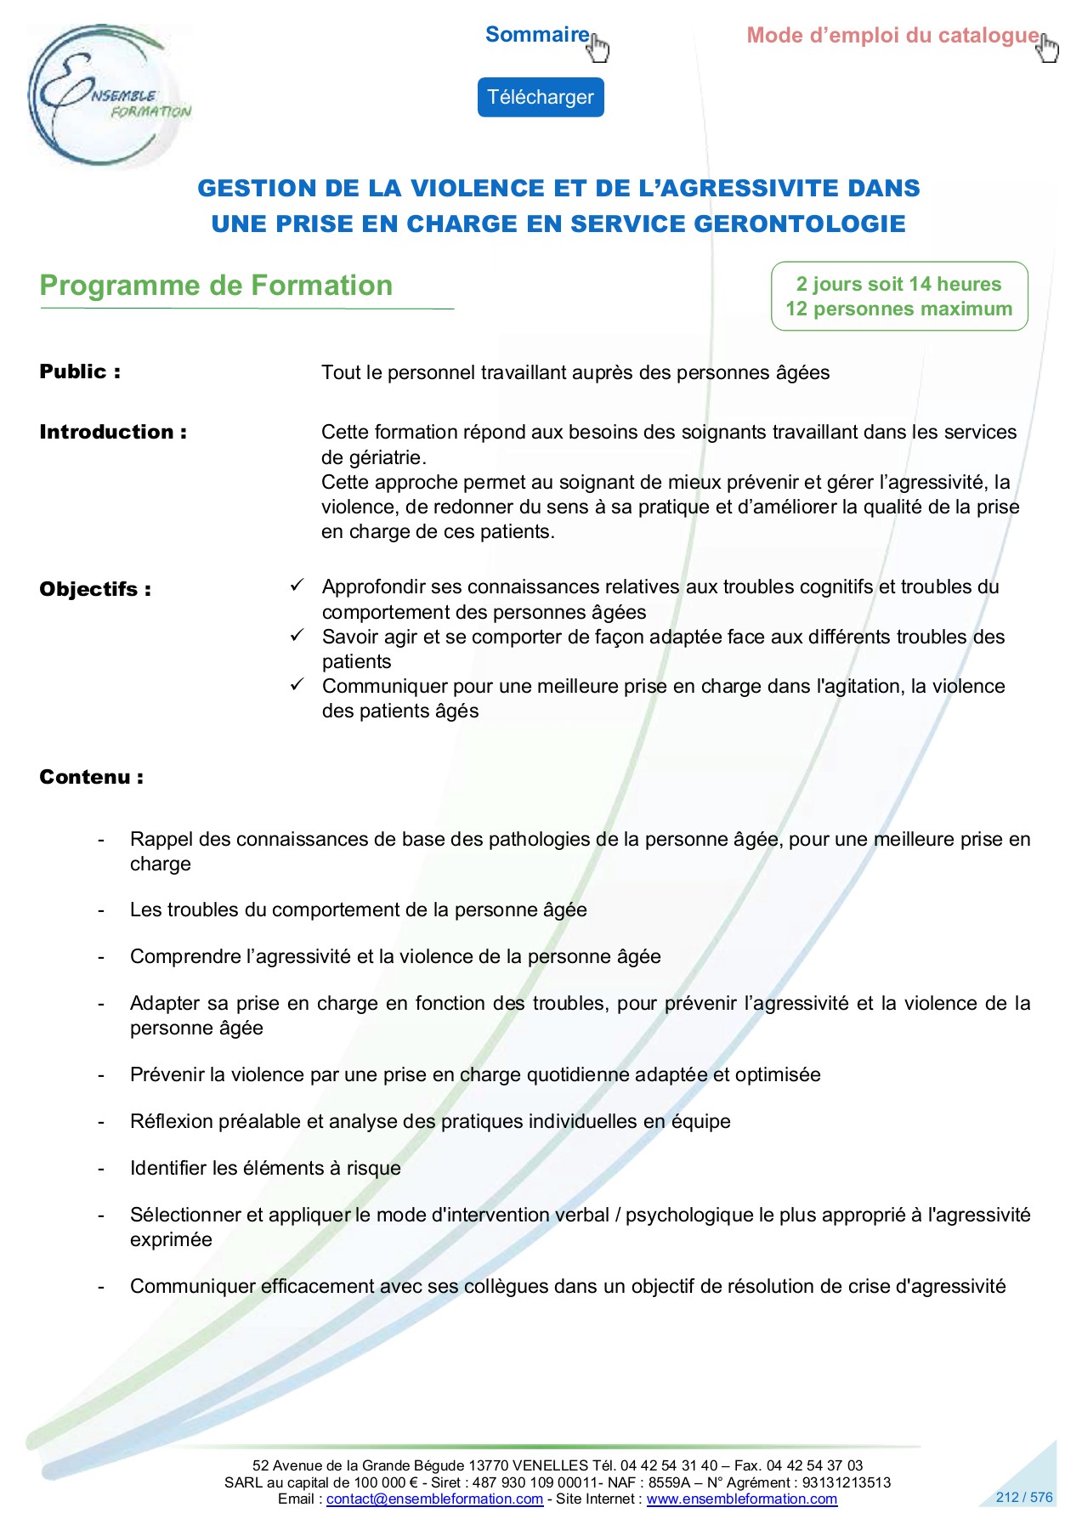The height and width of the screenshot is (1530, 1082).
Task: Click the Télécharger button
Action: coord(540,98)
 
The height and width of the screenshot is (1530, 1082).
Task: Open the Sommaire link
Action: coord(537,35)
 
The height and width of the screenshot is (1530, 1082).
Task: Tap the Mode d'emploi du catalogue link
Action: coord(892,36)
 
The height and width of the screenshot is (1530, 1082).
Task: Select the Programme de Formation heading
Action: coord(216,286)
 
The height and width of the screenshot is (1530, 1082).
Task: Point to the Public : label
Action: coord(80,372)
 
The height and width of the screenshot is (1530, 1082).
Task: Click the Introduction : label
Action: coord(113,432)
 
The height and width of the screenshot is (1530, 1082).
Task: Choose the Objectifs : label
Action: coord(95,589)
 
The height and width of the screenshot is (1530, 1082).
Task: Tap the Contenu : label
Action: coord(91,777)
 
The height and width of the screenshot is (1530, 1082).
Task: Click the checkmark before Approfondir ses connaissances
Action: coord(297,586)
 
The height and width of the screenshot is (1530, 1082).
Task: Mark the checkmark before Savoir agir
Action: coord(297,636)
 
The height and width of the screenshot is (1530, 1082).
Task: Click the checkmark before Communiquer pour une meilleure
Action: coord(297,685)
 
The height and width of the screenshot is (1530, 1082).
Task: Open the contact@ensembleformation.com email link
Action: coord(434,1499)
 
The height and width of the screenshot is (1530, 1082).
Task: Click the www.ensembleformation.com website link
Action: coord(741,1499)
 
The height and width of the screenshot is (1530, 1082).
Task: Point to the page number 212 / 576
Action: coord(1023,1497)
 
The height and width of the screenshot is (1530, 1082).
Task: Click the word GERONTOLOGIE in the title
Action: coord(800,224)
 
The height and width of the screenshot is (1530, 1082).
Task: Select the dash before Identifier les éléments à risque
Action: coord(101,1169)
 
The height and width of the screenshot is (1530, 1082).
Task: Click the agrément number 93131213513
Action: coord(846,1482)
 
